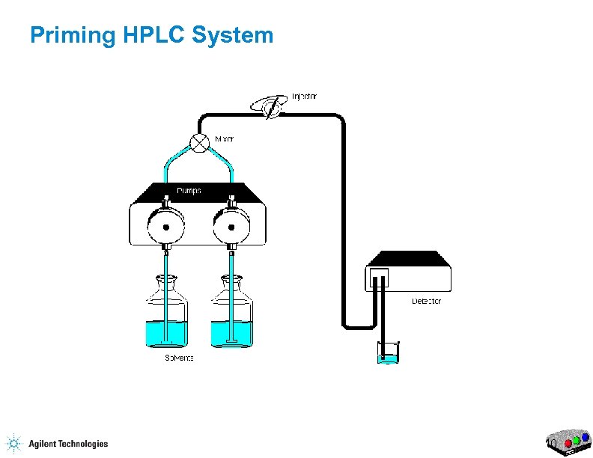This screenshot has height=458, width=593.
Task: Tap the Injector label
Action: point(304,96)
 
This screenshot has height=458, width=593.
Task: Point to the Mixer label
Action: point(225,138)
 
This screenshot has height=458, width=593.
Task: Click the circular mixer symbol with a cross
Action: point(199,143)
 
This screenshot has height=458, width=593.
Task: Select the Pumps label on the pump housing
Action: point(189,191)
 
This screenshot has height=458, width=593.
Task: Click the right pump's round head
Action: point(231,223)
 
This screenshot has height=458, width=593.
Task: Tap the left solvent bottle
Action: point(166,314)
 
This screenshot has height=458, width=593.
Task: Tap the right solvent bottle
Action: point(231,314)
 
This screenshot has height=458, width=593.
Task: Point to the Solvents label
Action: point(180,358)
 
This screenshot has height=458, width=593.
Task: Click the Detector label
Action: point(427,301)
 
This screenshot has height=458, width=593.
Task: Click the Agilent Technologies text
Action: point(68,444)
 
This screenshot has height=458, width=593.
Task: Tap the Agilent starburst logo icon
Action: point(13,443)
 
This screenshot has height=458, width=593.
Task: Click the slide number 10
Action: point(551,445)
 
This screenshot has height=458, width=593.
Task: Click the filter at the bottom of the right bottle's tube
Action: point(231,343)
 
